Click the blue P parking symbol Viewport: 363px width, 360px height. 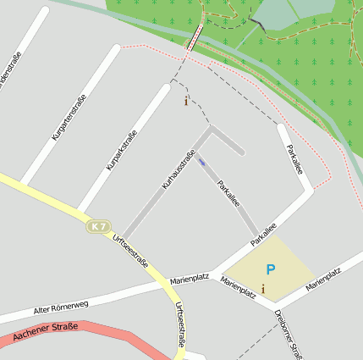271,269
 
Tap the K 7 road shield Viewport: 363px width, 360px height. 99,226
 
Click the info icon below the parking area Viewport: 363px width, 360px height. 263,290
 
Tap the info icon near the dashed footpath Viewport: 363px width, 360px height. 186,101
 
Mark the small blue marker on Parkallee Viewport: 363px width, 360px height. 201,161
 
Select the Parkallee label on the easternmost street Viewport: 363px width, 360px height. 294,160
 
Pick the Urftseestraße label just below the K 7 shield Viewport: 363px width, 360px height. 131,251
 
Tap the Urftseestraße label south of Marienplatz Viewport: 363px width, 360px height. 180,325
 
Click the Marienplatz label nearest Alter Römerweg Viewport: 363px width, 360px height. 190,278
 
